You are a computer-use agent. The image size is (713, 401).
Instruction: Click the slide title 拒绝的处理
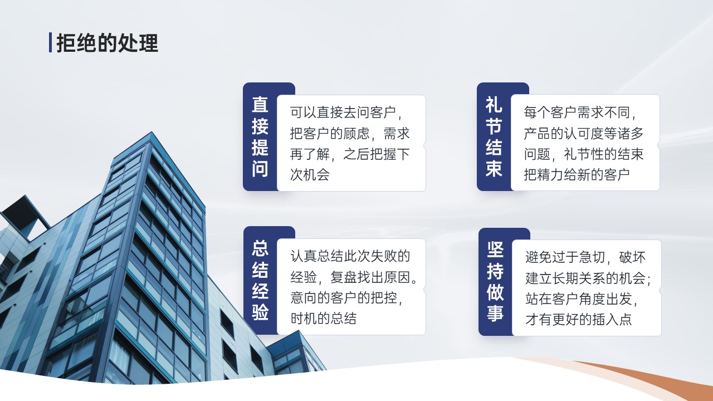[x=108, y=43]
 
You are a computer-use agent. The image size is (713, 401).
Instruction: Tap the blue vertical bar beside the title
[x=50, y=42]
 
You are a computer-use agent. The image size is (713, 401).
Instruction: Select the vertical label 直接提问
[x=260, y=137]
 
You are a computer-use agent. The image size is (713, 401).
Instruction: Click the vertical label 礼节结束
[x=494, y=137]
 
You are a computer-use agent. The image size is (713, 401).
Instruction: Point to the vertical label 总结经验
[x=260, y=280]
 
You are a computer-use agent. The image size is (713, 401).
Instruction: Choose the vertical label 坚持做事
[x=495, y=281]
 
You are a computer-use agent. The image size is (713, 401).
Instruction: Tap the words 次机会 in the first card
[x=310, y=174]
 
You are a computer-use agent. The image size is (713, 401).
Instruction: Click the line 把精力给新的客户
[x=577, y=174]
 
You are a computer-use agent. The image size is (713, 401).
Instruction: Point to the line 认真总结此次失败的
[x=350, y=256]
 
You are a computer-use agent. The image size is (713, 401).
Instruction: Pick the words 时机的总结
[x=324, y=318]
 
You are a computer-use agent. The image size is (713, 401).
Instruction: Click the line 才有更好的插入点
[x=579, y=319]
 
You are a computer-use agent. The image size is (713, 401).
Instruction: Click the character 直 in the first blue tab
[x=260, y=105]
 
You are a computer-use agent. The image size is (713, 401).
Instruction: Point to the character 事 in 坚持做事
[x=495, y=313]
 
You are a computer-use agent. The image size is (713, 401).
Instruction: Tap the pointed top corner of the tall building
[x=152, y=132]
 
